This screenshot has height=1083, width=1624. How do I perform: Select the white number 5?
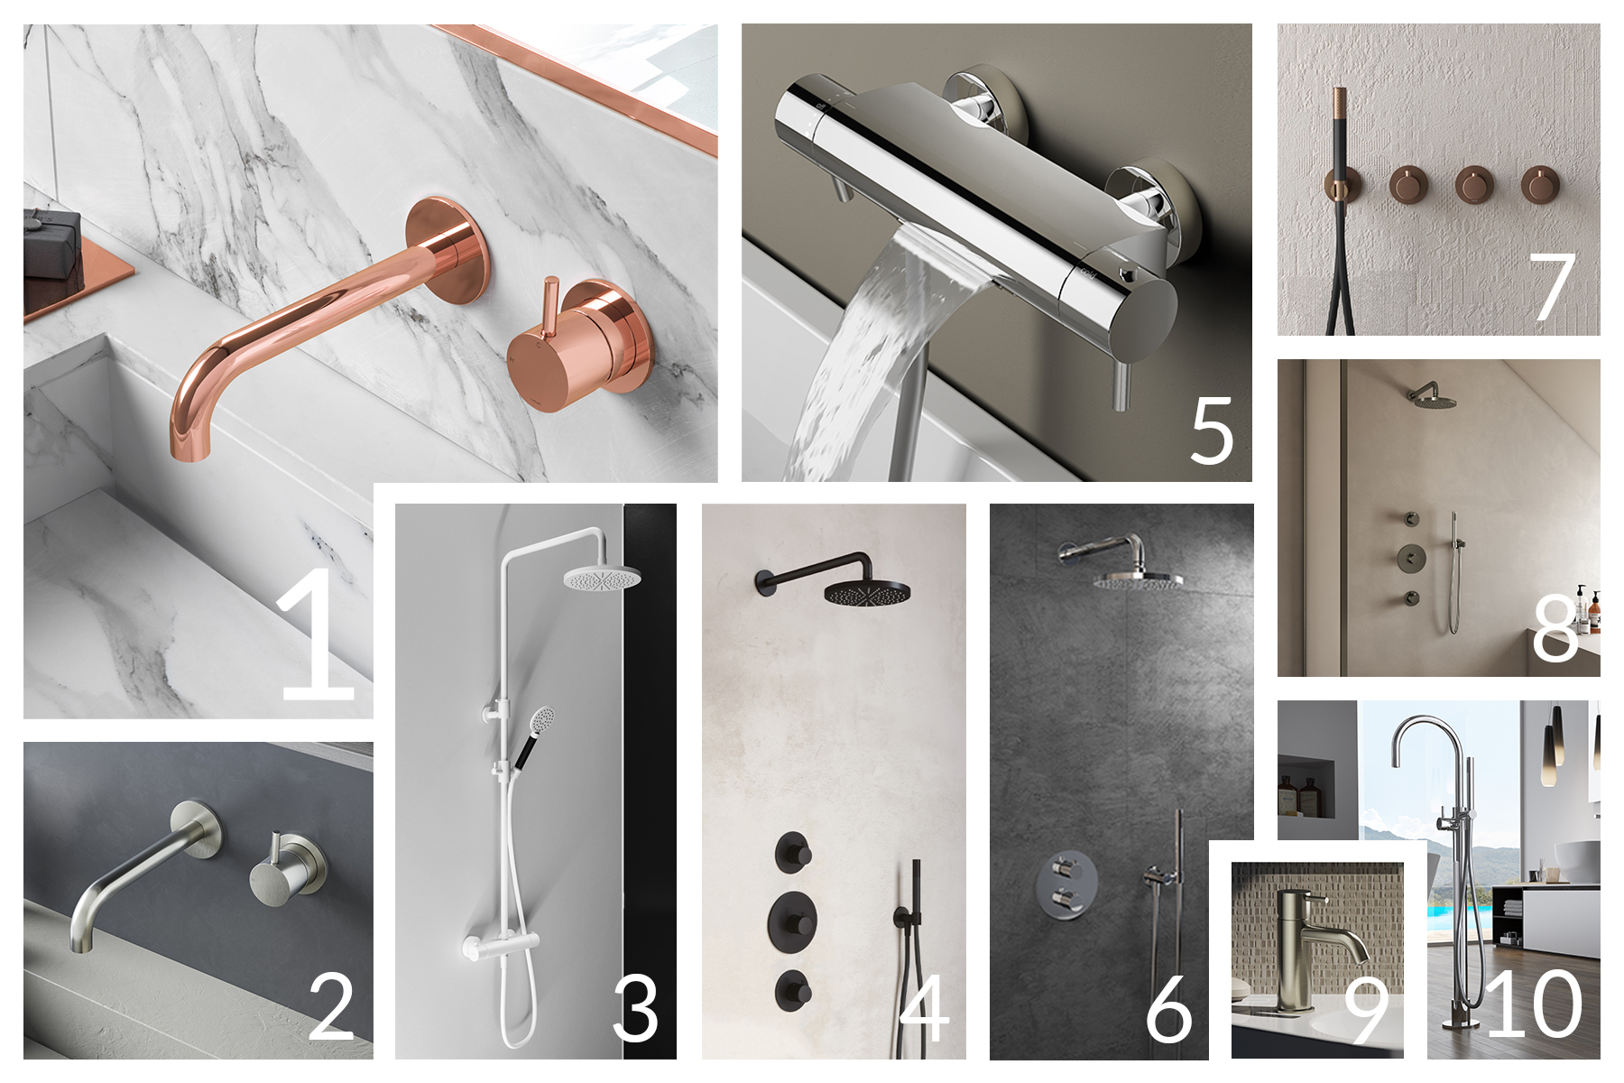[x=1212, y=431]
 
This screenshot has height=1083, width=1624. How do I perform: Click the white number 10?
[x=1535, y=1004]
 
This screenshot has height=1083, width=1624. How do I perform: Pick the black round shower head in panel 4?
[x=866, y=592]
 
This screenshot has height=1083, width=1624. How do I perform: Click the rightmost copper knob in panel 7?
[x=1540, y=185]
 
